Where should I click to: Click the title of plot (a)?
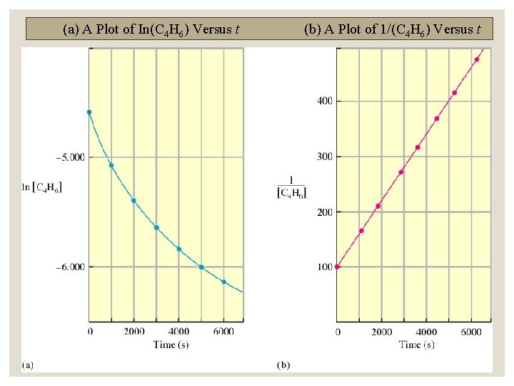pyautogui.click(x=151, y=29)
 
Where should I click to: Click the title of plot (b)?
pyautogui.click(x=397, y=29)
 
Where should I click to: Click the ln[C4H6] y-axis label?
pyautogui.click(x=42, y=187)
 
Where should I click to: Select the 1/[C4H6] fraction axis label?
pyautogui.click(x=292, y=187)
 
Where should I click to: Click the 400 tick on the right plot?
pyautogui.click(x=324, y=101)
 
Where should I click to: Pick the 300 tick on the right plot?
pyautogui.click(x=324, y=157)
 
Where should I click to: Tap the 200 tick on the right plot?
pyautogui.click(x=324, y=212)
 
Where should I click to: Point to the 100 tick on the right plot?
pyautogui.click(x=324, y=267)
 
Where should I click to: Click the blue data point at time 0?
pyautogui.click(x=89, y=112)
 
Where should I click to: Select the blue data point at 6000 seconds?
pyautogui.click(x=223, y=282)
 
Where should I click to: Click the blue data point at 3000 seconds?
pyautogui.click(x=156, y=227)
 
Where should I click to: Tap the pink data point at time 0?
pyautogui.click(x=338, y=267)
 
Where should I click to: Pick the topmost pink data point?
pyautogui.click(x=476, y=59)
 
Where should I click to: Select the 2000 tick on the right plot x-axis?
pyautogui.click(x=382, y=332)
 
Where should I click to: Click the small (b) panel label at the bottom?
pyautogui.click(x=283, y=365)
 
